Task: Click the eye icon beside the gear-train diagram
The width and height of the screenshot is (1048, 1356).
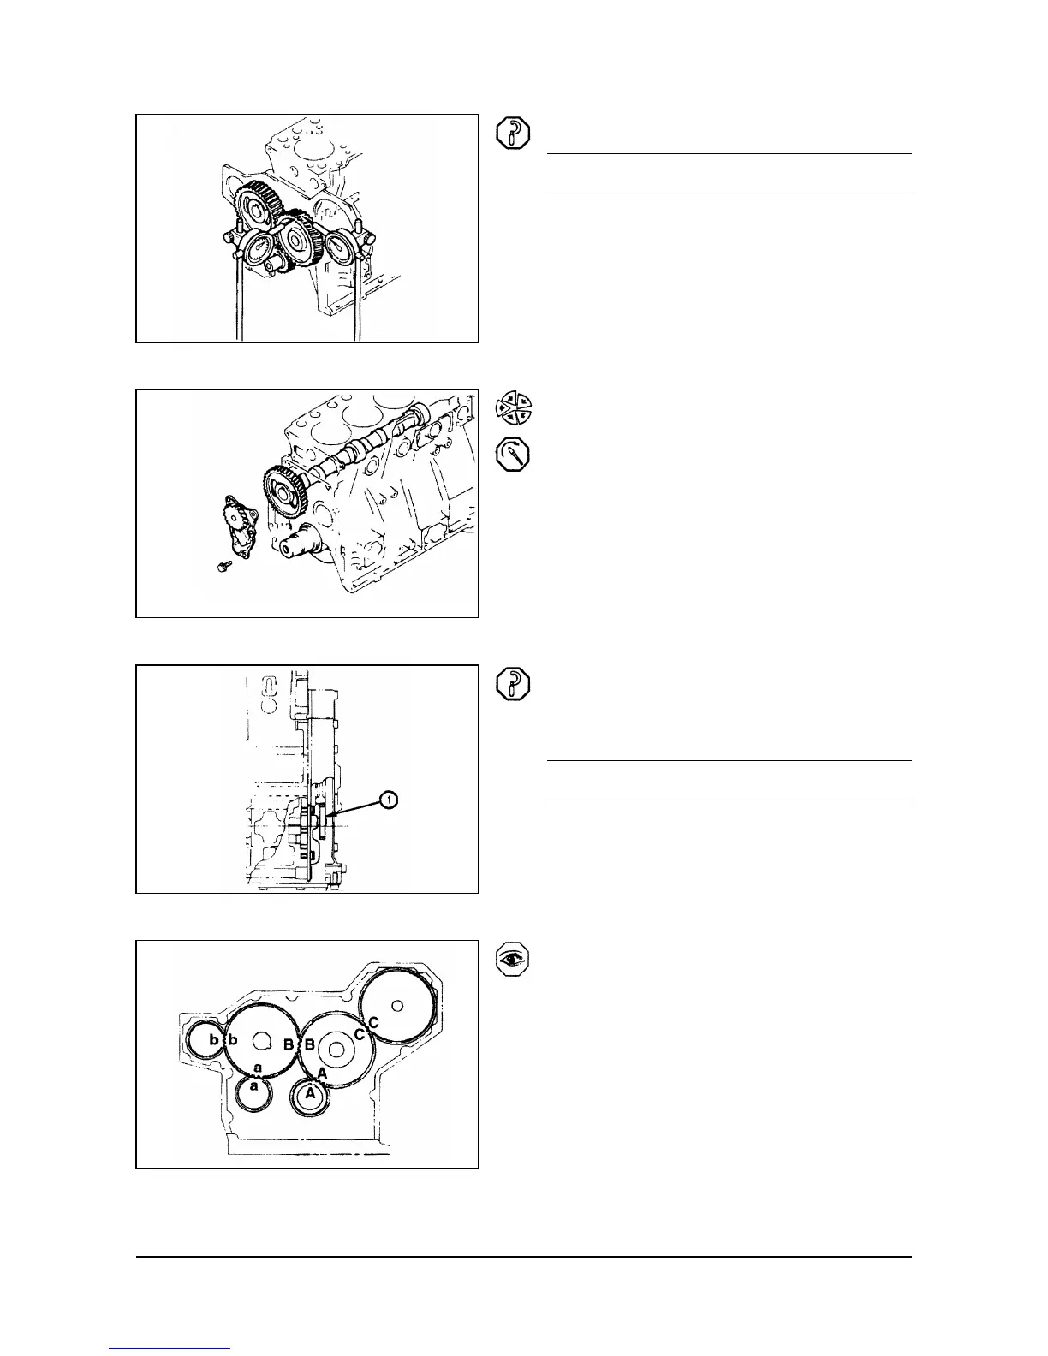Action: [x=514, y=960]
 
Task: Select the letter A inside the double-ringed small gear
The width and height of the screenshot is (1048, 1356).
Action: [x=311, y=1094]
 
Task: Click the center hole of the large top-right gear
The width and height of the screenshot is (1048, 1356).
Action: [x=396, y=1004]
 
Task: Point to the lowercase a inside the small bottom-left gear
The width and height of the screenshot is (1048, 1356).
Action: [x=253, y=1086]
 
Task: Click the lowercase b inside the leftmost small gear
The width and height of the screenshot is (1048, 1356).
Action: [x=213, y=1039]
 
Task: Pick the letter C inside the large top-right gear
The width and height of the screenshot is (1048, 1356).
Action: [x=373, y=1022]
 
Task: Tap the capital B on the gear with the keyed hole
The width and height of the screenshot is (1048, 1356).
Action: [x=289, y=1045]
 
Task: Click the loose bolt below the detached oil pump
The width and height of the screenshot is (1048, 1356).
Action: [x=220, y=566]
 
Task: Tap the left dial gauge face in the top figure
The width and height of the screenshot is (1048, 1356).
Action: [x=257, y=253]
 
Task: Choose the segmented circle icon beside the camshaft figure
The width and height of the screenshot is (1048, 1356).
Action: [x=514, y=407]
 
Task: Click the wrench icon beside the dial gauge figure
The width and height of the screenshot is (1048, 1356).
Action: [x=514, y=134]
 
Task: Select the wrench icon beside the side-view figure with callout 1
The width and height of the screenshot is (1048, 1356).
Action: [x=514, y=685]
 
